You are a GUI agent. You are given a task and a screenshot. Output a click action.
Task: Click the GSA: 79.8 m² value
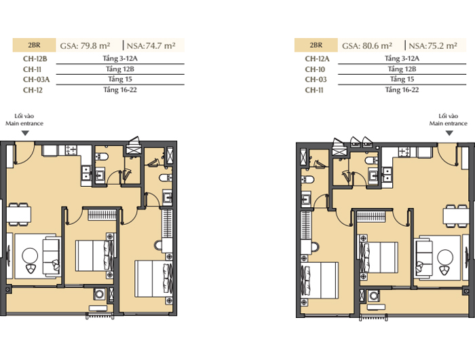(x=85, y=46)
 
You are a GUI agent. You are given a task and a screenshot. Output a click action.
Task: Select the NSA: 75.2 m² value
(x=433, y=46)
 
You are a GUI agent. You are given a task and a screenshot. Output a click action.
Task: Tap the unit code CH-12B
(x=35, y=58)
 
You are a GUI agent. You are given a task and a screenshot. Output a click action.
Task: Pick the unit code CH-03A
(x=36, y=79)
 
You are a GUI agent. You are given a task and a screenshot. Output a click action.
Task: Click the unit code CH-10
(x=315, y=69)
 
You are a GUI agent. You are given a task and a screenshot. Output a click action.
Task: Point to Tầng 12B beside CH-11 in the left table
(x=120, y=69)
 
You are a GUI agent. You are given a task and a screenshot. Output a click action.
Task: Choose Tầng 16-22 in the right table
(x=402, y=90)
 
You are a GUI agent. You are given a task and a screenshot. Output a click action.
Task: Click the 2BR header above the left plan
(x=34, y=45)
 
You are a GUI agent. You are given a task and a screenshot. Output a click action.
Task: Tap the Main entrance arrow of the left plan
(x=25, y=133)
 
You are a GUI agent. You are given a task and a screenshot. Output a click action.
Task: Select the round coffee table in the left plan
(x=30, y=255)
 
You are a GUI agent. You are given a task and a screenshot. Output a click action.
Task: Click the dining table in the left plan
(x=19, y=215)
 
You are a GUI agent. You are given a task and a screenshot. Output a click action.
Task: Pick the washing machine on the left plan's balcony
(x=99, y=294)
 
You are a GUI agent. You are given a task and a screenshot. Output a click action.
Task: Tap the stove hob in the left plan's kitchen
(x=71, y=150)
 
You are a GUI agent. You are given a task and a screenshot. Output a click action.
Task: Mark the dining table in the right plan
(x=456, y=216)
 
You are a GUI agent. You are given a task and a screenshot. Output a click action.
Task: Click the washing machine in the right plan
(x=374, y=296)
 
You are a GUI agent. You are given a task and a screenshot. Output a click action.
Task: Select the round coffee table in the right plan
(x=445, y=257)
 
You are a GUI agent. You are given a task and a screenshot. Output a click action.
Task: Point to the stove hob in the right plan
(x=404, y=151)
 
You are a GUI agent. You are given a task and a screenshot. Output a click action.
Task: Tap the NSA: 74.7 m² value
(x=151, y=46)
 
